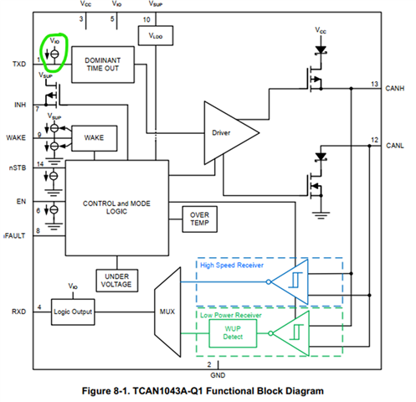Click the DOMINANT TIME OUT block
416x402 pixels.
tap(103, 64)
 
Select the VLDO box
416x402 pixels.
tap(156, 35)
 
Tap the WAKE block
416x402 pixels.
tap(94, 138)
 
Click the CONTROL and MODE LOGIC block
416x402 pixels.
tap(117, 208)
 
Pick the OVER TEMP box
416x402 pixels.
tap(199, 219)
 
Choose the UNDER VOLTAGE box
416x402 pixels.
tap(116, 281)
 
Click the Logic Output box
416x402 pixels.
tap(73, 312)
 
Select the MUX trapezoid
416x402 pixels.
tap(167, 312)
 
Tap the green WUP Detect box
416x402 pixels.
tap(233, 333)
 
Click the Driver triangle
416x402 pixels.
tap(228, 133)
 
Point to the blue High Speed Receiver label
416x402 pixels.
tap(232, 265)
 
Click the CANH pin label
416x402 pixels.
tap(395, 89)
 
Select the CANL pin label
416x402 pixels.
tap(395, 146)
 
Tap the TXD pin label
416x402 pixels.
tap(19, 64)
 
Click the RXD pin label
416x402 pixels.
tap(18, 312)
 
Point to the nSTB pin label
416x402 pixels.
tap(18, 168)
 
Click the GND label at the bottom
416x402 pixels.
tap(218, 375)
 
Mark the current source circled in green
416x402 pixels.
tap(54, 54)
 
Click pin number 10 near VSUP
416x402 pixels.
tap(146, 20)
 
